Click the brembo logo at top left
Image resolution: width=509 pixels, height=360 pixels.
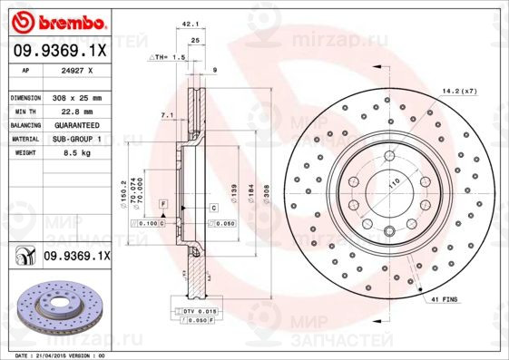click(x=57, y=22)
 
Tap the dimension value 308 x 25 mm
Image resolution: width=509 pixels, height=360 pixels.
click(x=76, y=97)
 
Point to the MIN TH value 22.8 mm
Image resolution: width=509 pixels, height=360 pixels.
click(x=72, y=111)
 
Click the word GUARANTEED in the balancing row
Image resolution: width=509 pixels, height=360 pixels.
click(x=76, y=124)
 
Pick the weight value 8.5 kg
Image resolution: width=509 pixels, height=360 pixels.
click(x=71, y=153)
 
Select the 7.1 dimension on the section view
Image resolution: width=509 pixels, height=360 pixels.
click(x=166, y=115)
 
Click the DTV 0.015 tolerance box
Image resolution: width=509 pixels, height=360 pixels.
click(x=199, y=310)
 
